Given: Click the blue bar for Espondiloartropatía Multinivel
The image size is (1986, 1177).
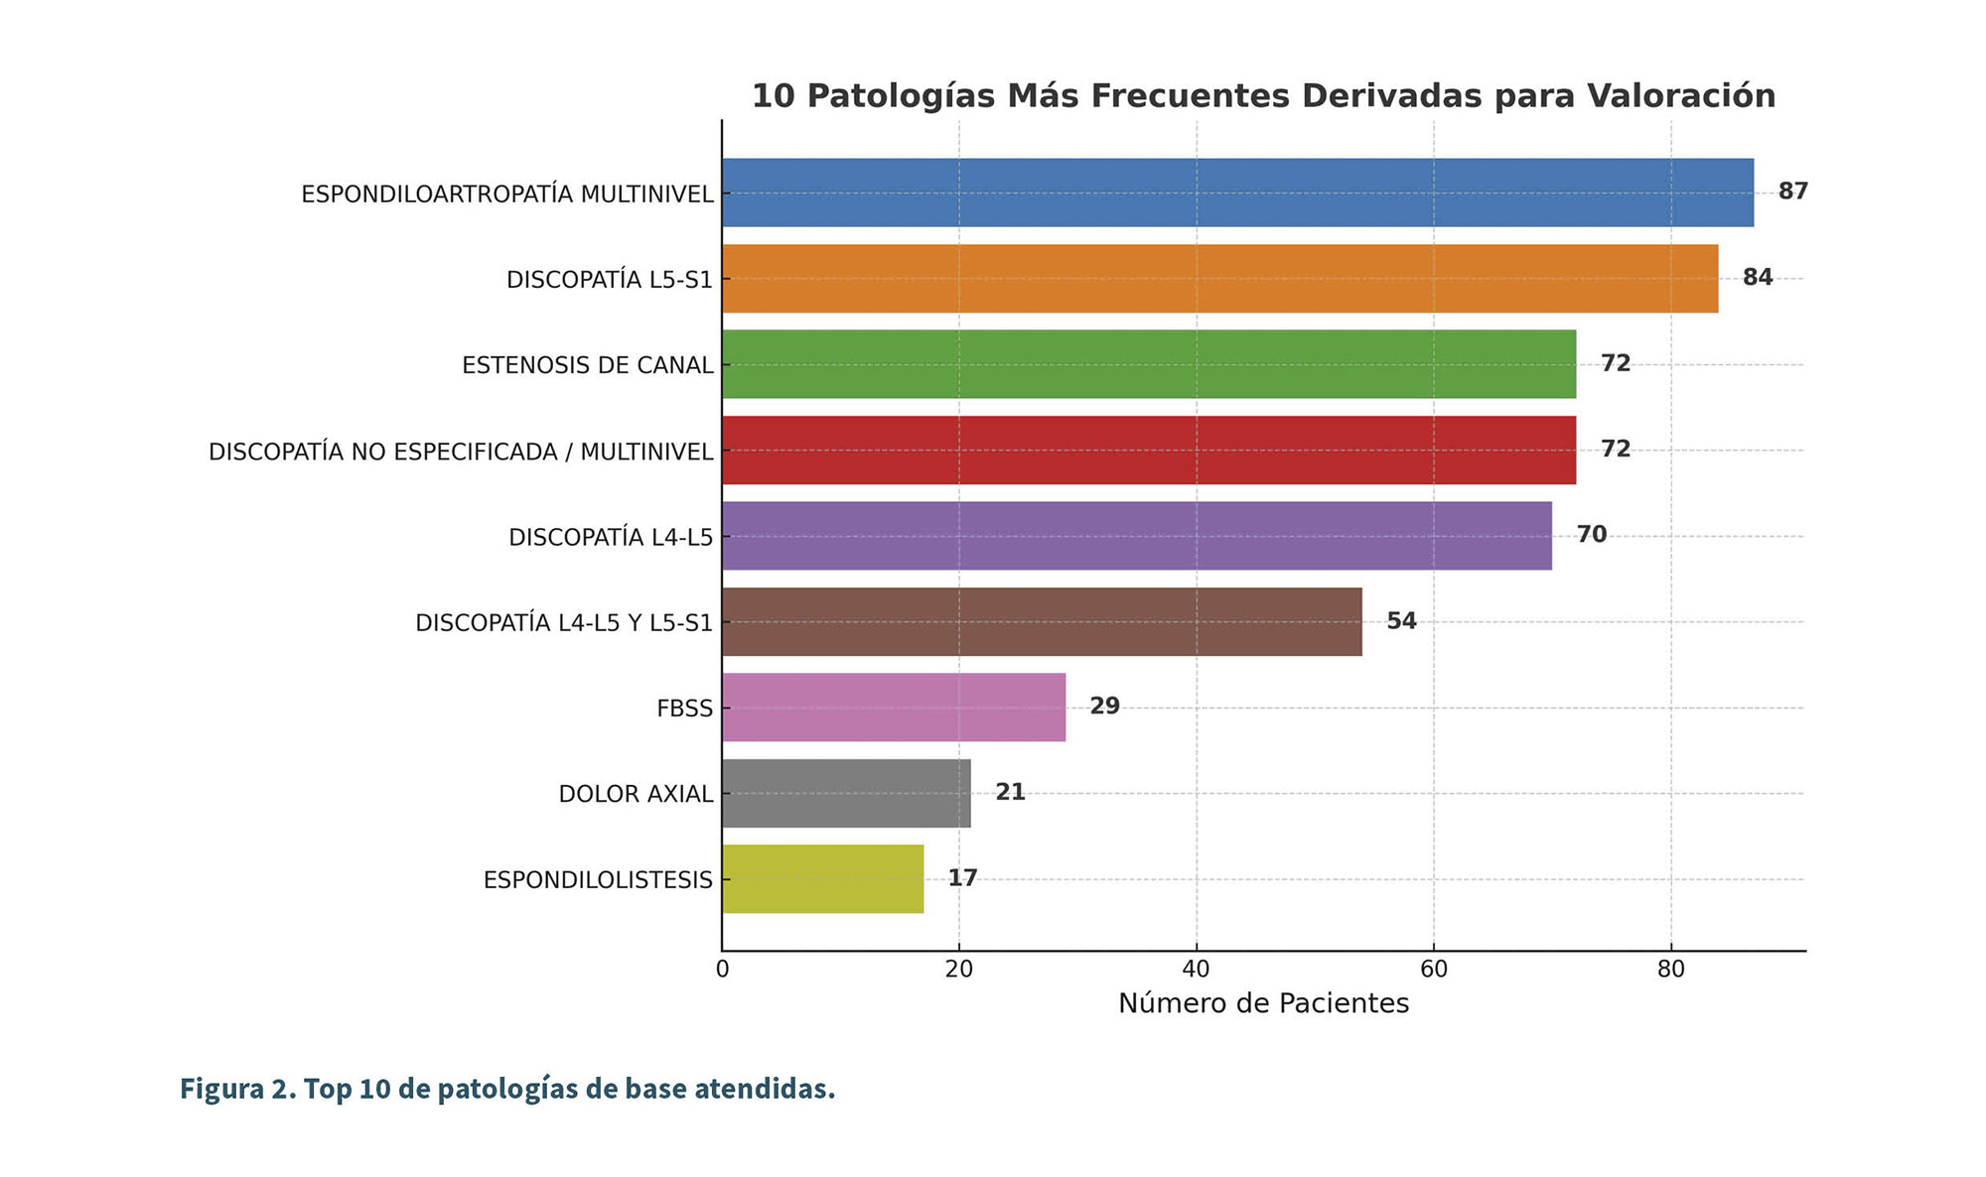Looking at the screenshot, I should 1237,193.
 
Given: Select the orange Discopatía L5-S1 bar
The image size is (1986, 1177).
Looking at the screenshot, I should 1219,279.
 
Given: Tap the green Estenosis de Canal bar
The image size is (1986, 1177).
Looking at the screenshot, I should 1149,364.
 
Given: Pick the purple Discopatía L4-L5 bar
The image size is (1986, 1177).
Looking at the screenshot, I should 1137,536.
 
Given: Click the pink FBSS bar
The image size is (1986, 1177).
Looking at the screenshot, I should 894,708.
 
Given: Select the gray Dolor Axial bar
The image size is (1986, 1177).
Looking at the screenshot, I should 846,793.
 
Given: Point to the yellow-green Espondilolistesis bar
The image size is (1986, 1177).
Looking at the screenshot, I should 822,879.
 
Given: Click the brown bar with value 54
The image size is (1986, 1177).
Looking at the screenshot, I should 1042,622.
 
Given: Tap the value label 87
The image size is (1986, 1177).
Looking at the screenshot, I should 1792,192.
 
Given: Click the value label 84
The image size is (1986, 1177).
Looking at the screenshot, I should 1757,278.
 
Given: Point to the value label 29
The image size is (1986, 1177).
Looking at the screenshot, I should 1104,707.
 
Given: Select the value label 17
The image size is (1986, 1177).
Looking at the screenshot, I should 962,878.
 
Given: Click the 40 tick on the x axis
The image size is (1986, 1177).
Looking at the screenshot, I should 1197,970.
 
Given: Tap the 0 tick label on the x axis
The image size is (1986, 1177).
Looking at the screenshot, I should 722,970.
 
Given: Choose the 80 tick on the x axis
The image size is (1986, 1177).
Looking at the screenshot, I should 1671,970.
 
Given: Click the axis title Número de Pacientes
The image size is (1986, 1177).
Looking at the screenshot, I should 1263,1004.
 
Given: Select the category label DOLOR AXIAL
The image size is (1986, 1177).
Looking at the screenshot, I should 636,794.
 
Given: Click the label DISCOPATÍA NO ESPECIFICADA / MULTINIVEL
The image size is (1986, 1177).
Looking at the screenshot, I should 461,453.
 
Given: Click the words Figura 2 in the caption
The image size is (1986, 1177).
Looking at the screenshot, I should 234,1089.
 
